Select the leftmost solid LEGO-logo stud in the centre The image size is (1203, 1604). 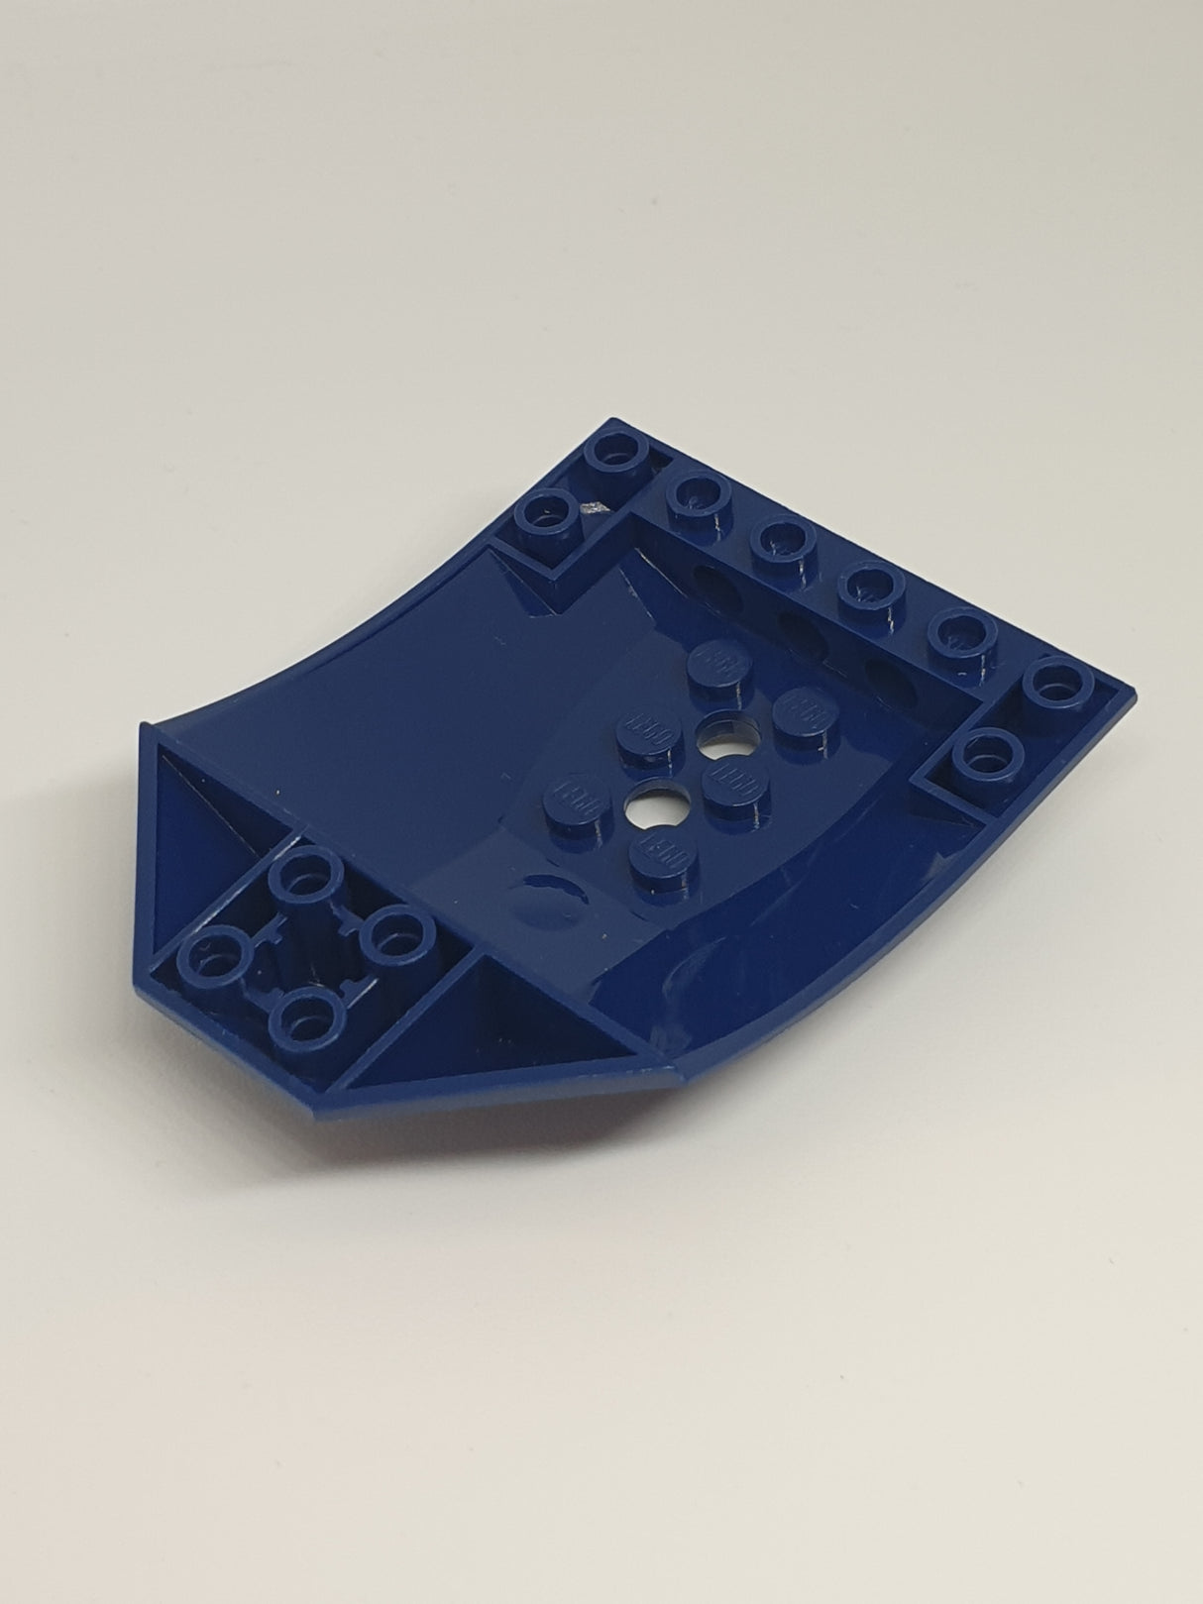click(x=570, y=790)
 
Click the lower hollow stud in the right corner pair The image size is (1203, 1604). click(x=980, y=758)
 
